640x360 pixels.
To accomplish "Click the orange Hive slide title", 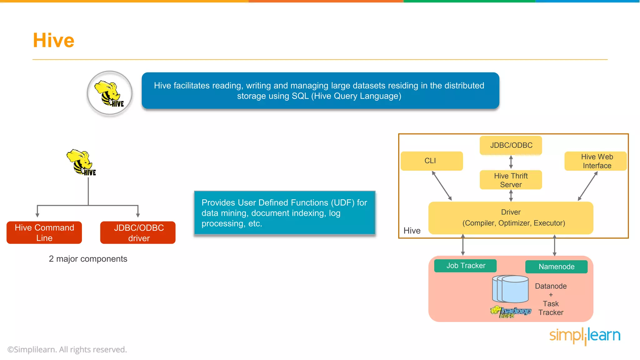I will tap(53, 40).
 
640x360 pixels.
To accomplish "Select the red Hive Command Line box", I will tap(44, 232).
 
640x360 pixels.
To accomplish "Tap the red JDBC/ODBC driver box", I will tap(138, 232).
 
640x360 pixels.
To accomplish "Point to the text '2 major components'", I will tap(88, 259).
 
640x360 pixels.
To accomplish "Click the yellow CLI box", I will tap(431, 161).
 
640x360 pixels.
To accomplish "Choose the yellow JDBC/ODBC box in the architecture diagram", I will tap(511, 145).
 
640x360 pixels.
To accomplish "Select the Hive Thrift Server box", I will tap(511, 180).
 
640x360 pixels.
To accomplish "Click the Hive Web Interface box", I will tap(596, 161).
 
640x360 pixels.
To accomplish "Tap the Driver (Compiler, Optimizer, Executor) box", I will tap(511, 217).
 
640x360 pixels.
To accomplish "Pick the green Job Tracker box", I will tap(465, 266).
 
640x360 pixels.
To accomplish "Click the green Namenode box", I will tap(556, 267).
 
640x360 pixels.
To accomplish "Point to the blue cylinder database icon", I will tap(511, 289).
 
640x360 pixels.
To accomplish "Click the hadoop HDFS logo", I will tap(511, 311).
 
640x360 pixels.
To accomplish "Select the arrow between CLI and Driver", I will tap(442, 186).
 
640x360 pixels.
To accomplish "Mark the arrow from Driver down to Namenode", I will tap(554, 245).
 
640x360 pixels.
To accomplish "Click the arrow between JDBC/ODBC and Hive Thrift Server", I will tap(511, 162).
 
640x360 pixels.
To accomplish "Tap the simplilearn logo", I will tap(585, 336).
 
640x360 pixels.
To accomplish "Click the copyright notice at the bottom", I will tap(67, 349).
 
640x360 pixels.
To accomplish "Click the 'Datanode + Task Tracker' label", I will tap(551, 299).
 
